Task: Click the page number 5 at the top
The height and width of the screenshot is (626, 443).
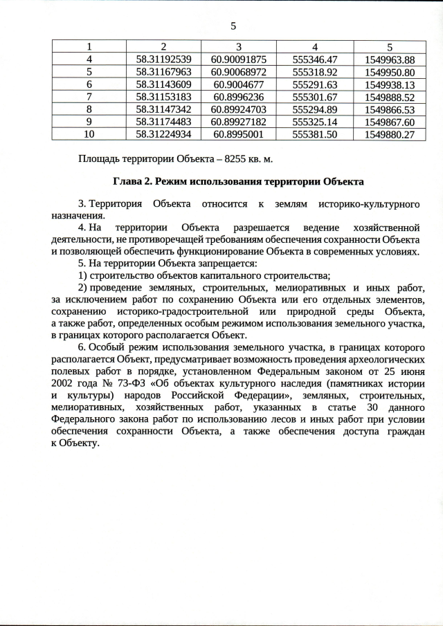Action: pos(233,26)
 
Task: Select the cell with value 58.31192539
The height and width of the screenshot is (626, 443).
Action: pos(163,59)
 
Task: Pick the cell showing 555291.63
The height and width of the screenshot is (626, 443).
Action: pos(315,84)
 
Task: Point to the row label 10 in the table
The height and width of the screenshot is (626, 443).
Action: pos(89,134)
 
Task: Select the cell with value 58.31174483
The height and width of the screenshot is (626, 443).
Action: pos(163,122)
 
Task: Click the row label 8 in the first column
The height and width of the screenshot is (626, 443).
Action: pos(89,109)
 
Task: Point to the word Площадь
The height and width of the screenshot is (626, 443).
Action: pos(100,159)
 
